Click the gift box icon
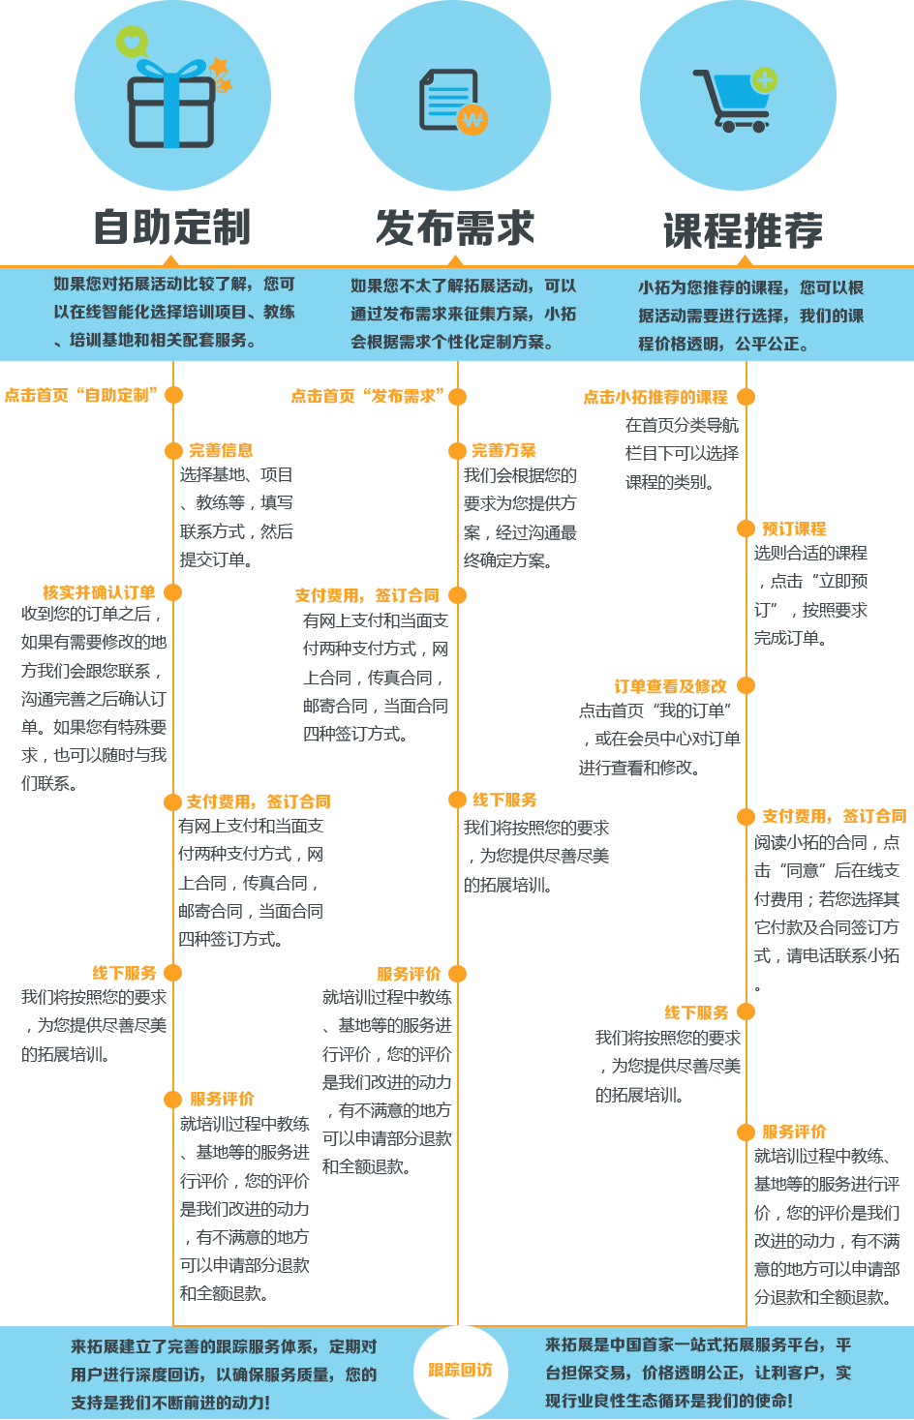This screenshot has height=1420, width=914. click(x=171, y=104)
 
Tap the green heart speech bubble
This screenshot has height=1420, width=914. click(x=132, y=42)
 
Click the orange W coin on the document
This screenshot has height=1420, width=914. click(x=472, y=118)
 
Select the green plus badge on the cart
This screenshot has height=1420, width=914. click(x=764, y=80)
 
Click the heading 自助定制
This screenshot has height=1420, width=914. click(x=172, y=227)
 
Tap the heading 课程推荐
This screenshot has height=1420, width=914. click(x=743, y=230)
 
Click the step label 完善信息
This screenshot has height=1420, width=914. click(x=221, y=450)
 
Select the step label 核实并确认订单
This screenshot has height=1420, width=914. click(x=99, y=592)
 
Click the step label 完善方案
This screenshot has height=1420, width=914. click(x=503, y=450)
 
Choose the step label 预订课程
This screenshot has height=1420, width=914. click(x=794, y=529)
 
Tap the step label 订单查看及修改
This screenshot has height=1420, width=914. click(x=670, y=686)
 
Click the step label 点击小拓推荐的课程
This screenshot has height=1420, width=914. click(x=655, y=397)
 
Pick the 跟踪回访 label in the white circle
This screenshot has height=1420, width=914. click(x=461, y=1370)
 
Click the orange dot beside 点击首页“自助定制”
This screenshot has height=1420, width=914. click(x=173, y=395)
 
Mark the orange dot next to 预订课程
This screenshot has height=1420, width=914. click(x=746, y=529)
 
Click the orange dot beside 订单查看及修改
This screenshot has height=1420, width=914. click(x=746, y=685)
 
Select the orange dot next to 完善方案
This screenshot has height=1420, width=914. click(x=457, y=451)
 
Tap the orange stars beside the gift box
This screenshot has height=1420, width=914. click(x=221, y=75)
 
